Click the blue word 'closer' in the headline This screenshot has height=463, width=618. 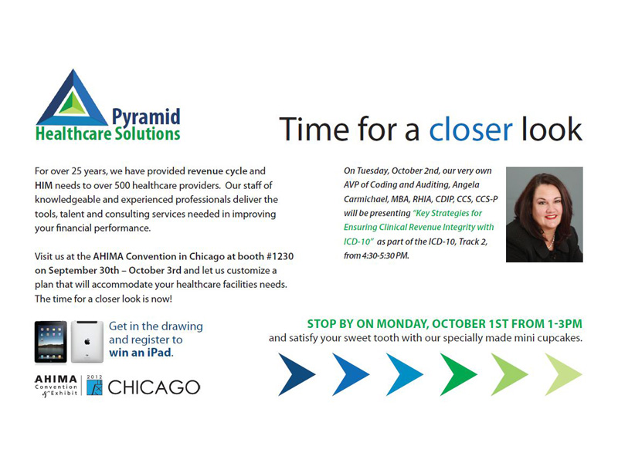click(x=470, y=130)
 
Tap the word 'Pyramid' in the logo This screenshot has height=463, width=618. click(x=146, y=117)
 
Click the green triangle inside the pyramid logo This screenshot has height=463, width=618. click(x=72, y=103)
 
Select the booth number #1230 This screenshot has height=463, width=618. click(x=280, y=256)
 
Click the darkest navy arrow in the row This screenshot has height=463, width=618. click(x=297, y=374)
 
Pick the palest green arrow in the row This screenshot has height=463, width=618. click(x=563, y=374)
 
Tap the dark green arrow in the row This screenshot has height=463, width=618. click(x=458, y=374)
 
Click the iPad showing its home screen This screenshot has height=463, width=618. click(x=51, y=342)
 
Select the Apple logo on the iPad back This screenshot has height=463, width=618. click(x=87, y=342)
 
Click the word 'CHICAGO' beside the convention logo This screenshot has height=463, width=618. click(x=154, y=388)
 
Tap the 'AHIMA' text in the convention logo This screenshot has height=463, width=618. click(x=56, y=379)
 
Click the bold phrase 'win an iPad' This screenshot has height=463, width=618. click(x=141, y=353)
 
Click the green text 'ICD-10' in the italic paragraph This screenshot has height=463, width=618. click(x=358, y=242)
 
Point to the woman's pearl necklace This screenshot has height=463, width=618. click(x=552, y=241)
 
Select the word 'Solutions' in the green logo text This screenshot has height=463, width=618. click(x=148, y=133)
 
